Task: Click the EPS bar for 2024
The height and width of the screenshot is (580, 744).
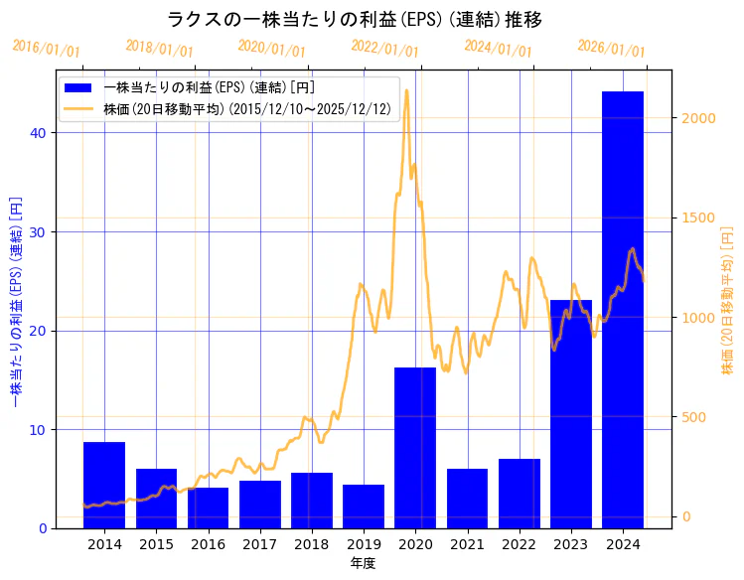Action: (622, 310)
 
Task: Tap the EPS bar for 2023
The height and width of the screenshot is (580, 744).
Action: (570, 414)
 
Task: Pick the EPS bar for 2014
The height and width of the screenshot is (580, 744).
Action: (104, 485)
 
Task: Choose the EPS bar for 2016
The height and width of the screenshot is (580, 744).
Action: (208, 507)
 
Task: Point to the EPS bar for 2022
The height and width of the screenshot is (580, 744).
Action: (519, 494)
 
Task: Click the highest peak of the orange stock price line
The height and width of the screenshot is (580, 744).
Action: (406, 90)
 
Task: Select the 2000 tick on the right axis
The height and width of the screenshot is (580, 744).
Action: (698, 118)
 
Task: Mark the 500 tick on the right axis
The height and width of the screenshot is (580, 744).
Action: (694, 417)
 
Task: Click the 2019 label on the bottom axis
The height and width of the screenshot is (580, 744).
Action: (364, 545)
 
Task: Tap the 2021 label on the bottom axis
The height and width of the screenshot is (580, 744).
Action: (467, 545)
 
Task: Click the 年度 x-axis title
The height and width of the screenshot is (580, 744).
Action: (363, 564)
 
